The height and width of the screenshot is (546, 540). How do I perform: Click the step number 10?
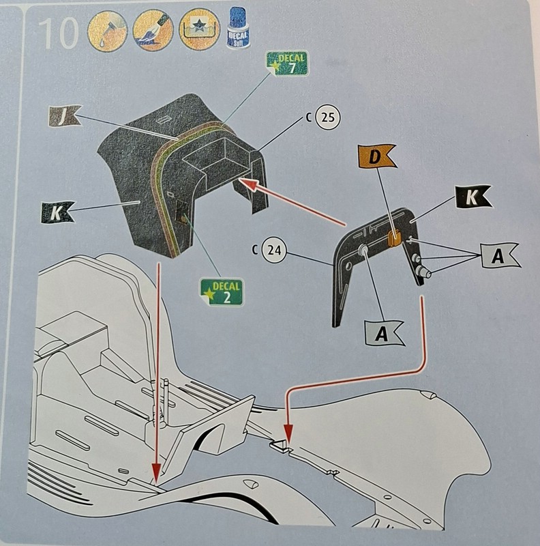(x=59, y=33)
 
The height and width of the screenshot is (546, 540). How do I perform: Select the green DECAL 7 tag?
(x=286, y=63)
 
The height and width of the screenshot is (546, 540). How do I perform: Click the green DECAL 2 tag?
(x=221, y=292)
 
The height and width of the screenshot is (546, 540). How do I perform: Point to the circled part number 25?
(x=327, y=117)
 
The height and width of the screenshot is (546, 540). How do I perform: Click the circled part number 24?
(x=274, y=250)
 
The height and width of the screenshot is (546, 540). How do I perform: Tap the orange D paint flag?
(x=376, y=158)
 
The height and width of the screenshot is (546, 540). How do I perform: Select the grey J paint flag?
(x=63, y=117)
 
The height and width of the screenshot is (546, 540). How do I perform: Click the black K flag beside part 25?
(x=57, y=212)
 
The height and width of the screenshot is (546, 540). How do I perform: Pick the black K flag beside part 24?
(x=472, y=197)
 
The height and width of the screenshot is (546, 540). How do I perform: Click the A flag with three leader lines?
(x=498, y=256)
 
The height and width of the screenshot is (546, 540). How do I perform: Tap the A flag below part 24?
(x=383, y=333)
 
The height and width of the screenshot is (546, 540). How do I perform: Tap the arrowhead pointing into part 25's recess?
(x=247, y=184)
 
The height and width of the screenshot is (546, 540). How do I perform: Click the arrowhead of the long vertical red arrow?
(x=157, y=474)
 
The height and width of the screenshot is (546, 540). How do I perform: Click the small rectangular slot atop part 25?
(x=163, y=120)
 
